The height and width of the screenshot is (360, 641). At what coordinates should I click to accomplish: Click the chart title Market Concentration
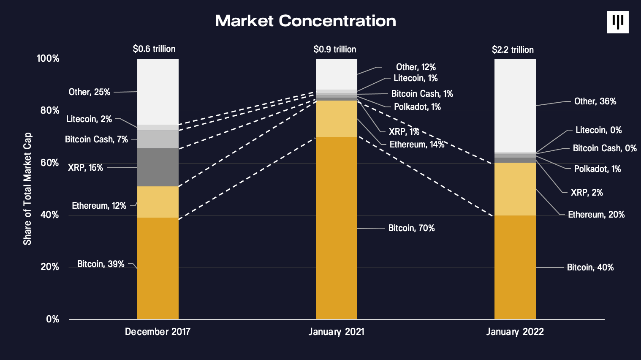(x=306, y=21)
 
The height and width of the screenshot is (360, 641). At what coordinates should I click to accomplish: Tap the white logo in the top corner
(x=618, y=22)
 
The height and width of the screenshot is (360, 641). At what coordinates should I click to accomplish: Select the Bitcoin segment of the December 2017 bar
(x=158, y=268)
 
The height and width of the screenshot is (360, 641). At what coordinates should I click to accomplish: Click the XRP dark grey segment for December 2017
(x=158, y=167)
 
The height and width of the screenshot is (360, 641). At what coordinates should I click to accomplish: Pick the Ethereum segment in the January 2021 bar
(x=337, y=119)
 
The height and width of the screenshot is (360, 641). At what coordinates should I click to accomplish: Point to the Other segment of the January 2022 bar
(x=515, y=105)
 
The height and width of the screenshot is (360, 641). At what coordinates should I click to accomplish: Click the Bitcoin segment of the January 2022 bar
(x=515, y=267)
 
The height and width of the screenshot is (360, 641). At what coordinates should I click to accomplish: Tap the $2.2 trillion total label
(x=513, y=50)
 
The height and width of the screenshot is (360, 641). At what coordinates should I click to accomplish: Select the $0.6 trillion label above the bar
(x=154, y=49)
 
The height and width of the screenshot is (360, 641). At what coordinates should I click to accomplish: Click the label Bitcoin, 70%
(x=411, y=228)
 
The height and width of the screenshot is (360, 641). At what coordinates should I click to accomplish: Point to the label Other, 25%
(x=90, y=92)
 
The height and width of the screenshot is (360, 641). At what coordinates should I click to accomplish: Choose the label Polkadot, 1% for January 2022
(x=597, y=169)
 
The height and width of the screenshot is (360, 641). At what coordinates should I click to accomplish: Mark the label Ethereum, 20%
(x=596, y=215)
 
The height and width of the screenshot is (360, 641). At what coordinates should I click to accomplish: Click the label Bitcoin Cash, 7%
(x=96, y=139)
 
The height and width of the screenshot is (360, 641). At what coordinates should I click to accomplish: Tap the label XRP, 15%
(x=85, y=168)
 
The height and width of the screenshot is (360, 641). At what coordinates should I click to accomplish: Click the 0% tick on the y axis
(x=53, y=319)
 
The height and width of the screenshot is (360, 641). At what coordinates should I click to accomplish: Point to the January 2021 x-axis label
(x=336, y=332)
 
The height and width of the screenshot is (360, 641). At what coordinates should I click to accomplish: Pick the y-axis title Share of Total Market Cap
(x=27, y=189)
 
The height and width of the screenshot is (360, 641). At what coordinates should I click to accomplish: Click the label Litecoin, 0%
(x=598, y=130)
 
